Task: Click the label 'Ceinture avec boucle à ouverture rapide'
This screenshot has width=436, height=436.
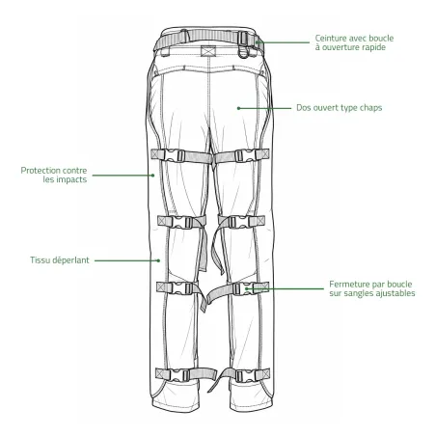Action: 354,42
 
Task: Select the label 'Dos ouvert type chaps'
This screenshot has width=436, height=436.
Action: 340,108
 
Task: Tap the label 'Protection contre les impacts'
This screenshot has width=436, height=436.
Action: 54,175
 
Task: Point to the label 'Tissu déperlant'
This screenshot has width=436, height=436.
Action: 60,260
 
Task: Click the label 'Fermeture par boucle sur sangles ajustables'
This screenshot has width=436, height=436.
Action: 372,288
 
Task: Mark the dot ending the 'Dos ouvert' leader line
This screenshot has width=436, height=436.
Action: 238,108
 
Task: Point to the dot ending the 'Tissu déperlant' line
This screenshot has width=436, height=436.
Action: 158,260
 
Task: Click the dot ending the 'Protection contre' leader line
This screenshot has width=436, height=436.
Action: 153,176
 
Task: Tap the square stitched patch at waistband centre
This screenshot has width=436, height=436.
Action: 207,51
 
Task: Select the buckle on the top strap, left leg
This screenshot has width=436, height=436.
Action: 175,156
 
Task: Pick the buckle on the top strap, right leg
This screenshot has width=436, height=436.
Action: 246,156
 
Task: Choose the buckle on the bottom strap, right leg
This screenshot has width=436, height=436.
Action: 246,376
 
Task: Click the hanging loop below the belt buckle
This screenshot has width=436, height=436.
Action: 244,52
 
